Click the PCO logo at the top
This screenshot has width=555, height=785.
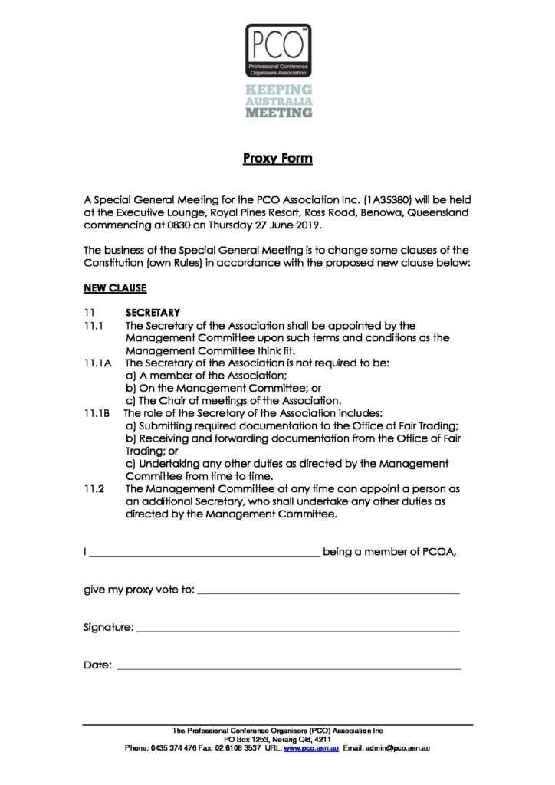click(277, 48)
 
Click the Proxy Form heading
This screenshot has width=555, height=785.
click(277, 159)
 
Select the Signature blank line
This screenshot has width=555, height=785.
click(297, 629)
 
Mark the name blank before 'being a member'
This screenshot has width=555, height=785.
click(205, 553)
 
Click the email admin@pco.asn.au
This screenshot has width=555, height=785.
click(399, 747)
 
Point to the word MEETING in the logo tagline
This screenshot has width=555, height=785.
click(278, 113)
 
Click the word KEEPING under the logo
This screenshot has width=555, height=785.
click(278, 90)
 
